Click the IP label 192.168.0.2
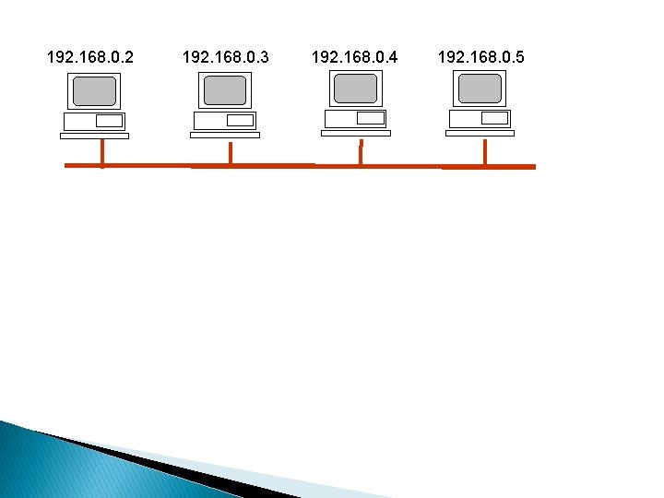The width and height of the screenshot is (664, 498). coord(89,58)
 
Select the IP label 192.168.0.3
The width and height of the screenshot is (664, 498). coord(226,58)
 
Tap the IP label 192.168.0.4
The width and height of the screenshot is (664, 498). coord(355,58)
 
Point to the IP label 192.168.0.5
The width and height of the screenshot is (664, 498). coord(480,58)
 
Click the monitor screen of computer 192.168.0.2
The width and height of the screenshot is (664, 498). coord(95,91)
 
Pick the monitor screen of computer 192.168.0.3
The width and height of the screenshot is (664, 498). coord(225,90)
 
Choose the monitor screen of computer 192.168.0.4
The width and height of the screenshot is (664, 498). coord(355,89)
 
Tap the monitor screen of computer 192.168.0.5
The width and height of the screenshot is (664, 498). coord(480,89)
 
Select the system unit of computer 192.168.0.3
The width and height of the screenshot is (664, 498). coord(224,121)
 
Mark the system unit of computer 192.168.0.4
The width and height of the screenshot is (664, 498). coord(355,118)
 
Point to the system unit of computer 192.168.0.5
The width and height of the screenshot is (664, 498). coord(480,118)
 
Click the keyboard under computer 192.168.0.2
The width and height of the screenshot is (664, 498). coord(94,136)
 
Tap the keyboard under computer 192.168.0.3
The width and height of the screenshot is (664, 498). coord(224,135)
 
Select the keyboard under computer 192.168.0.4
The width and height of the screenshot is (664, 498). coord(355,133)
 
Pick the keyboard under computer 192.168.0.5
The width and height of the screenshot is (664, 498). coord(480,133)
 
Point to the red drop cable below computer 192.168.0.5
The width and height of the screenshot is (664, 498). coord(485,152)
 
